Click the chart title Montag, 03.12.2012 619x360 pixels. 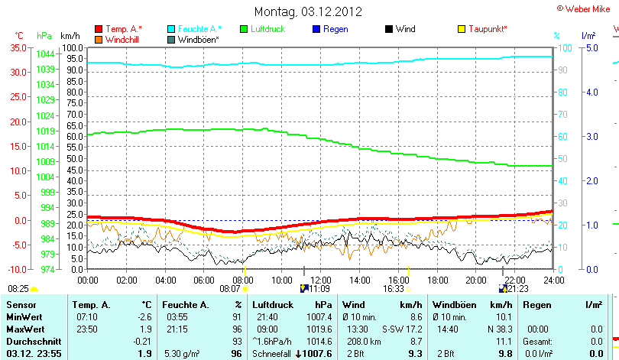308,11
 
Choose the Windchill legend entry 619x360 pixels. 116,39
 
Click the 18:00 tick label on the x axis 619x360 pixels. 436,281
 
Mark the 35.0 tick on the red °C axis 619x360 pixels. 17,47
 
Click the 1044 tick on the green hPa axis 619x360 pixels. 45,54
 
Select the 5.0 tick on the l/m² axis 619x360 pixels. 590,47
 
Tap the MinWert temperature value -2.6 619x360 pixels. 144,316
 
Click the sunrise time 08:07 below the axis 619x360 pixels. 229,289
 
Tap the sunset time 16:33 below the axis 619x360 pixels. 393,289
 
